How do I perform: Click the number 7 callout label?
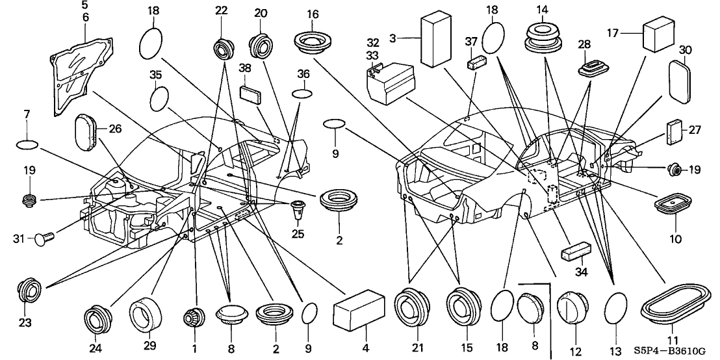point(27,114)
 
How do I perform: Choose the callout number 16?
point(313,14)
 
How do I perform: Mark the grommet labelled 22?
point(223,48)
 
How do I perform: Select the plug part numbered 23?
point(29,290)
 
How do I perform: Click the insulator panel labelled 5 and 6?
point(76,68)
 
